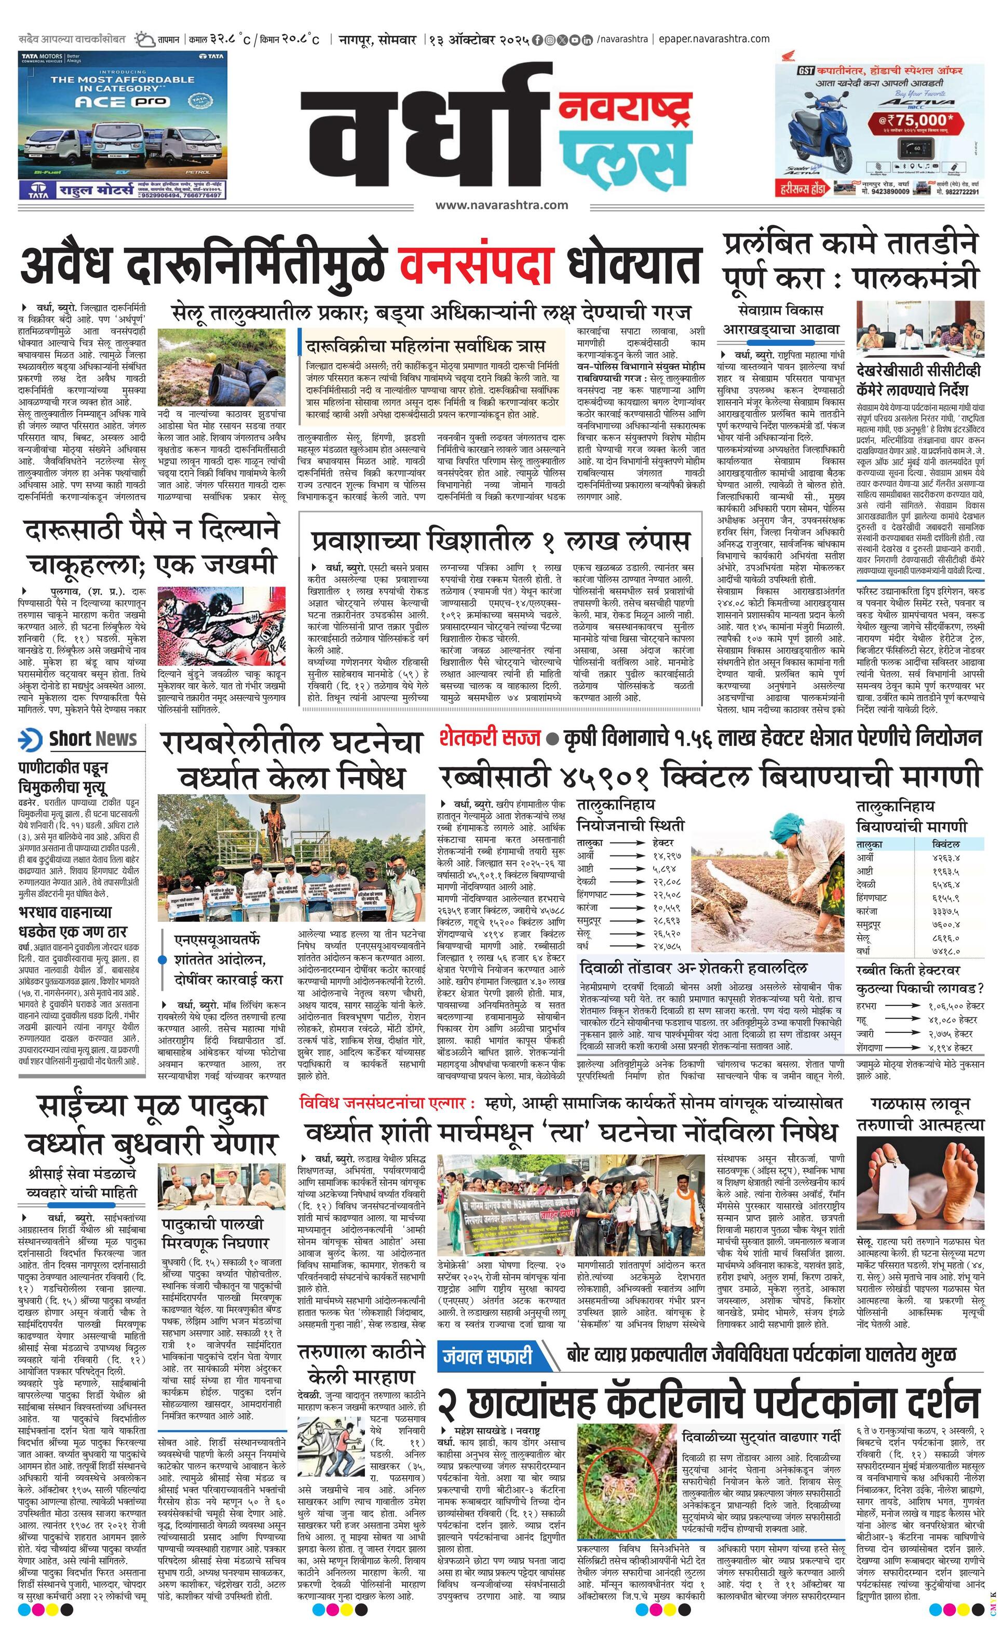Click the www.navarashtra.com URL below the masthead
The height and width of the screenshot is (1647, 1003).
[x=501, y=205]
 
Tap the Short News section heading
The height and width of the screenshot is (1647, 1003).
[x=92, y=739]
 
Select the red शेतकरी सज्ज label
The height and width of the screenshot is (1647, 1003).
[x=490, y=738]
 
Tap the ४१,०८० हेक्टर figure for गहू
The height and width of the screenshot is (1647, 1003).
[x=956, y=1020]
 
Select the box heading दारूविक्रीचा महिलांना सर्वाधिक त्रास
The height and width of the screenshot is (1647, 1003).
[x=425, y=346]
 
